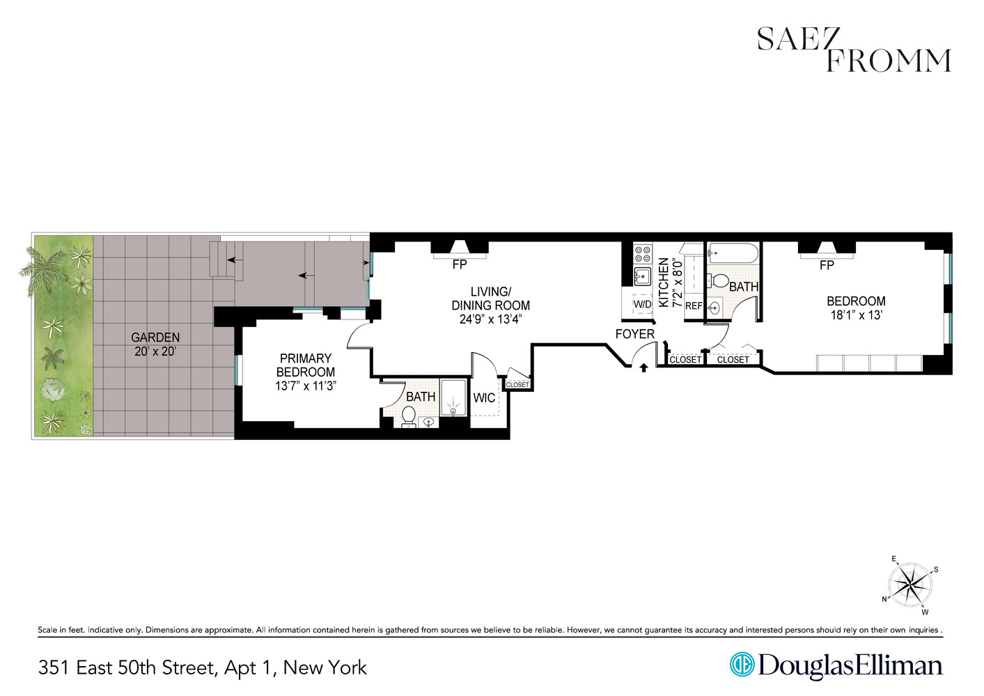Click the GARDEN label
click(155, 338)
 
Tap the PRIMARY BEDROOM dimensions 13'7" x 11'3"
click(305, 386)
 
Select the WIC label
click(484, 398)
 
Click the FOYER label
click(634, 334)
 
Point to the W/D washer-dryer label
click(642, 305)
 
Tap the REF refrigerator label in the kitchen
click(694, 306)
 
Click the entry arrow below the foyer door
click(643, 367)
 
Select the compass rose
click(910, 584)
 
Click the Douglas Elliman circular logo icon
click(742, 664)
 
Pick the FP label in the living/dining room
click(460, 264)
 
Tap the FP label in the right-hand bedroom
click(827, 265)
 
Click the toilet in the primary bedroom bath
click(409, 416)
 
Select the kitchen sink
click(642, 276)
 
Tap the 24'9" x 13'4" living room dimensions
click(490, 319)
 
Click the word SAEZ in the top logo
click(798, 40)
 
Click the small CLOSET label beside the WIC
click(517, 384)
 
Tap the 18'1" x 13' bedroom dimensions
click(856, 315)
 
